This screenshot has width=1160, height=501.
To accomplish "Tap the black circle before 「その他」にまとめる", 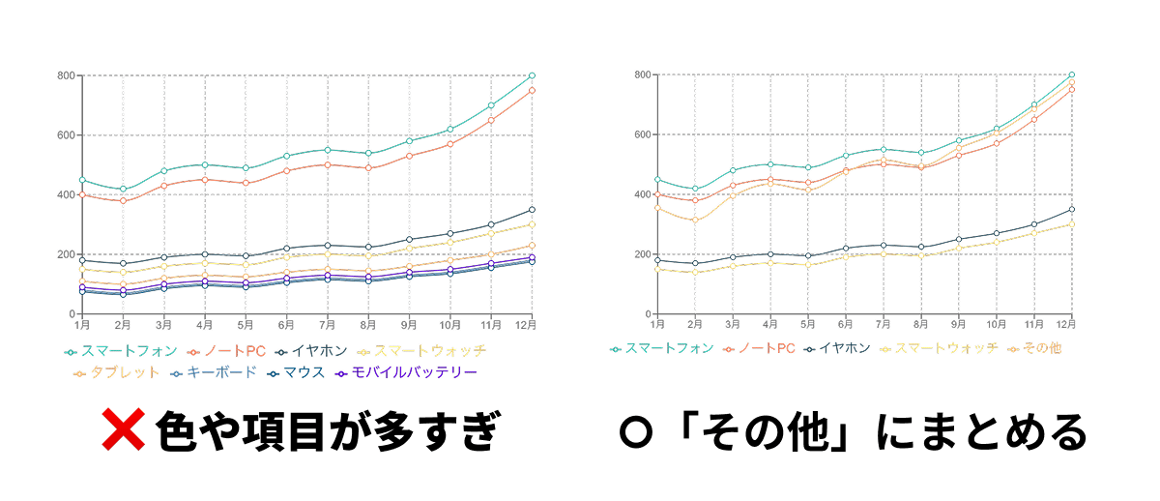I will (633, 432).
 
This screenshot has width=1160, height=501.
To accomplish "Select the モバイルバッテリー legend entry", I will (406, 372).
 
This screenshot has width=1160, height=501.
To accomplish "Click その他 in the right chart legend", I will (1034, 348).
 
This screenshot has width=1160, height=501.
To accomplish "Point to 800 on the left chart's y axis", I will (67, 75).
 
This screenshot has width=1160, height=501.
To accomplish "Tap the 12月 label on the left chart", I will (526, 323).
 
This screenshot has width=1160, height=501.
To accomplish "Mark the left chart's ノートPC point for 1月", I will (82, 194).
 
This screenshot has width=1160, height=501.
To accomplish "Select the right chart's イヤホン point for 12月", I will (1071, 210).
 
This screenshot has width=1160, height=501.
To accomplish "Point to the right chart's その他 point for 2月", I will (694, 220).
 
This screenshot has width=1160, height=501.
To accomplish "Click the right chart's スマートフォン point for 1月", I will (657, 179).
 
